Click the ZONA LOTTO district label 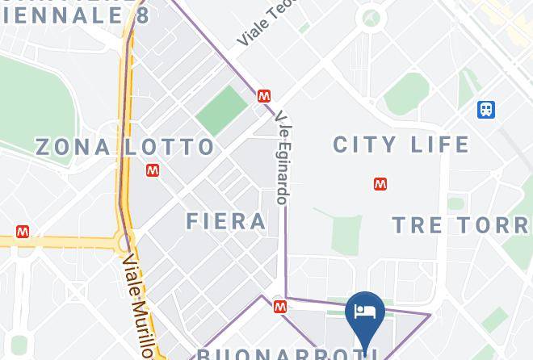[125, 147]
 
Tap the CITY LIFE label [401, 144]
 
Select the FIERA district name [226, 221]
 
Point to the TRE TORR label [461, 224]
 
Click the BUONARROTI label [283, 354]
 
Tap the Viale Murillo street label [137, 306]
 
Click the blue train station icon [486, 109]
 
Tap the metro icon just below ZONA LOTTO [153, 170]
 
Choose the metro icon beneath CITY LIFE [380, 184]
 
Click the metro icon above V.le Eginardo [263, 96]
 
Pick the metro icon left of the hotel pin [279, 307]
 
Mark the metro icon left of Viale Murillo [23, 232]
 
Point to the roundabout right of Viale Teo [371, 18]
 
